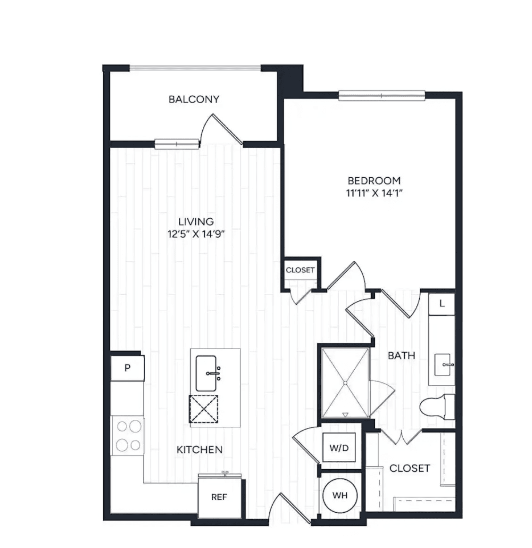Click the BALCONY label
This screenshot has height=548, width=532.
pyautogui.click(x=194, y=99)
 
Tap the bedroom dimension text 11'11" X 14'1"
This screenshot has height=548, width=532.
pyautogui.click(x=374, y=193)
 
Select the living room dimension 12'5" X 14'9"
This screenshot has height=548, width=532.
pyautogui.click(x=196, y=234)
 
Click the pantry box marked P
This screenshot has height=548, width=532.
pyautogui.click(x=127, y=368)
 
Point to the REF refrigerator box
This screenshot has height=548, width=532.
pyautogui.click(x=219, y=497)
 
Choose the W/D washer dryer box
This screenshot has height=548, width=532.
pyautogui.click(x=339, y=448)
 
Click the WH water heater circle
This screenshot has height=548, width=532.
pyautogui.click(x=340, y=495)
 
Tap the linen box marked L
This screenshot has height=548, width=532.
pyautogui.click(x=442, y=304)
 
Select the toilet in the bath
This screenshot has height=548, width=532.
pyautogui.click(x=437, y=407)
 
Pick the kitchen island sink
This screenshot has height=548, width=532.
pyautogui.click(x=207, y=373)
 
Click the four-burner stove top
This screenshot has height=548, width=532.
pyautogui.click(x=128, y=436)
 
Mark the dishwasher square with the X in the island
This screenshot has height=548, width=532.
pyautogui.click(x=203, y=409)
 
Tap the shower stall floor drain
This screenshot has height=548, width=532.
pyautogui.click(x=345, y=383)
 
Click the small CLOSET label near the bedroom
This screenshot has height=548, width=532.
pyautogui.click(x=300, y=270)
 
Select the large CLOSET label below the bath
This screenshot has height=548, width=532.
pyautogui.click(x=410, y=468)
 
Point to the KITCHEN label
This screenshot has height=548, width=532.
pyautogui.click(x=199, y=449)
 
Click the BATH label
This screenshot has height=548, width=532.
pyautogui.click(x=402, y=356)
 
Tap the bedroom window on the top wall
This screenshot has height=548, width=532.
pyautogui.click(x=382, y=95)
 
